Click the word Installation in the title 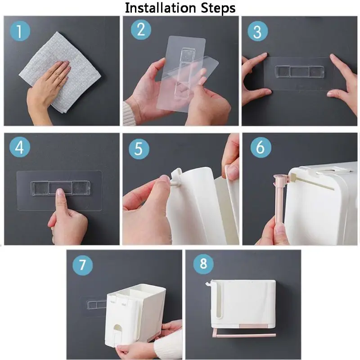coord(160,8)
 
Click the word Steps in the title coord(218,9)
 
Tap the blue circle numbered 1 coord(20,31)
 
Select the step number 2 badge coord(141,30)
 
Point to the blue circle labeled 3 coord(257,31)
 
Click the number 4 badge coord(20,147)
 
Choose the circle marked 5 coord(139,149)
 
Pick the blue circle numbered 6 coord(261,147)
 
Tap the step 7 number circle coord(82,265)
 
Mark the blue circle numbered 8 coord(203,264)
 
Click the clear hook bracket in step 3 coord(299,72)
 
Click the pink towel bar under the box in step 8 coord(244,335)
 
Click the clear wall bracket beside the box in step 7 coord(94,306)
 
